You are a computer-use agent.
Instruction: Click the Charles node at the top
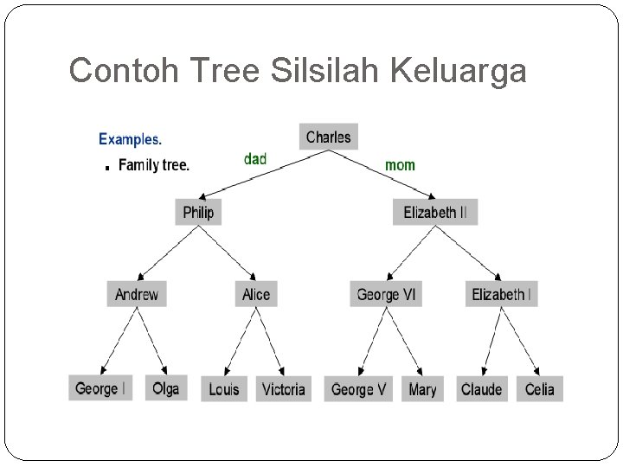click(x=329, y=137)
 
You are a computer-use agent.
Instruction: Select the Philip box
click(x=198, y=212)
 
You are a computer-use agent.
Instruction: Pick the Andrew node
click(x=137, y=294)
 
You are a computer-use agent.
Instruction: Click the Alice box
click(x=256, y=294)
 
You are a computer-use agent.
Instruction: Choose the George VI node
click(x=386, y=294)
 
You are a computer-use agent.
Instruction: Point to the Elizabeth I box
click(x=502, y=294)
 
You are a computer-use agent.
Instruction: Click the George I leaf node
click(x=101, y=388)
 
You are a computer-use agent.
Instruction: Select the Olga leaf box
click(x=165, y=388)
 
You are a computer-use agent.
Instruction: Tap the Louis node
click(x=224, y=389)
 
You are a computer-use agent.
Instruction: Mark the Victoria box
click(x=284, y=389)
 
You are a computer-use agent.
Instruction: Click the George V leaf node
click(x=359, y=389)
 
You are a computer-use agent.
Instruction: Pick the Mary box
click(x=422, y=389)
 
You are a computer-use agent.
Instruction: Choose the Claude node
click(x=481, y=389)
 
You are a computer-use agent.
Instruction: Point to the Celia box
click(x=540, y=389)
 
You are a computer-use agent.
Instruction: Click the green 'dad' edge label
click(x=255, y=159)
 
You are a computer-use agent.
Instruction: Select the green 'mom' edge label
click(x=400, y=164)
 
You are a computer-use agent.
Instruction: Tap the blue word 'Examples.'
click(x=130, y=138)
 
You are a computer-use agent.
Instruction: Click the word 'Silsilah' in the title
click(x=325, y=71)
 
